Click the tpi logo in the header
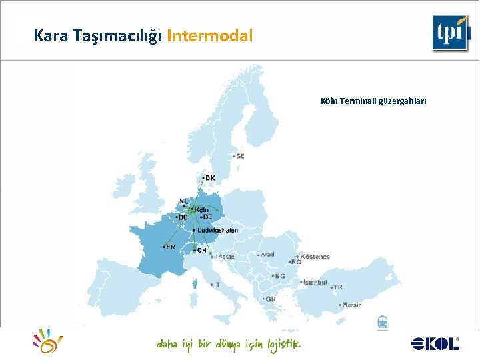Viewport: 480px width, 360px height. click(x=451, y=33)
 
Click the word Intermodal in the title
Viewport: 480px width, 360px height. click(x=210, y=36)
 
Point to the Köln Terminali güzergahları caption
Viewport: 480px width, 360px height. click(x=373, y=101)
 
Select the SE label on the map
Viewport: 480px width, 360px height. click(x=239, y=156)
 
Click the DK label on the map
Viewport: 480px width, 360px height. click(x=209, y=178)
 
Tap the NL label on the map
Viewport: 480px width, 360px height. click(x=184, y=201)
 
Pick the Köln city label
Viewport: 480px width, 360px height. click(x=201, y=209)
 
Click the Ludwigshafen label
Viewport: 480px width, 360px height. click(x=217, y=230)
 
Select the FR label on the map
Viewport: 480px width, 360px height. click(x=171, y=247)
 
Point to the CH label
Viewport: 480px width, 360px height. click(x=201, y=251)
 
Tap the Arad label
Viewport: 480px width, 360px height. click(x=267, y=255)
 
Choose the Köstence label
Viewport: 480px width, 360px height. click(x=315, y=256)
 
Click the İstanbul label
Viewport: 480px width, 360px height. click(x=315, y=282)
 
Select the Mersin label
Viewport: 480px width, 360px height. click(x=351, y=305)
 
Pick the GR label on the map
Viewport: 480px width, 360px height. click(x=270, y=299)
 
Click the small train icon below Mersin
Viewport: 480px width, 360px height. click(x=383, y=322)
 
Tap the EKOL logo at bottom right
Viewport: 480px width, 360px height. click(x=435, y=343)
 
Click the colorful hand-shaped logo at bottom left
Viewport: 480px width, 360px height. click(x=47, y=341)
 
